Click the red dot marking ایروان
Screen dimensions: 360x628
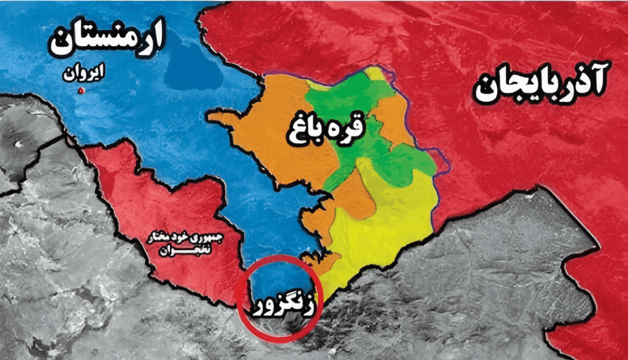click(80, 91)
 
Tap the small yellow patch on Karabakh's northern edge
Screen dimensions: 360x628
click(375, 74)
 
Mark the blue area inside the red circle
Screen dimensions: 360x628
click(270, 279)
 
